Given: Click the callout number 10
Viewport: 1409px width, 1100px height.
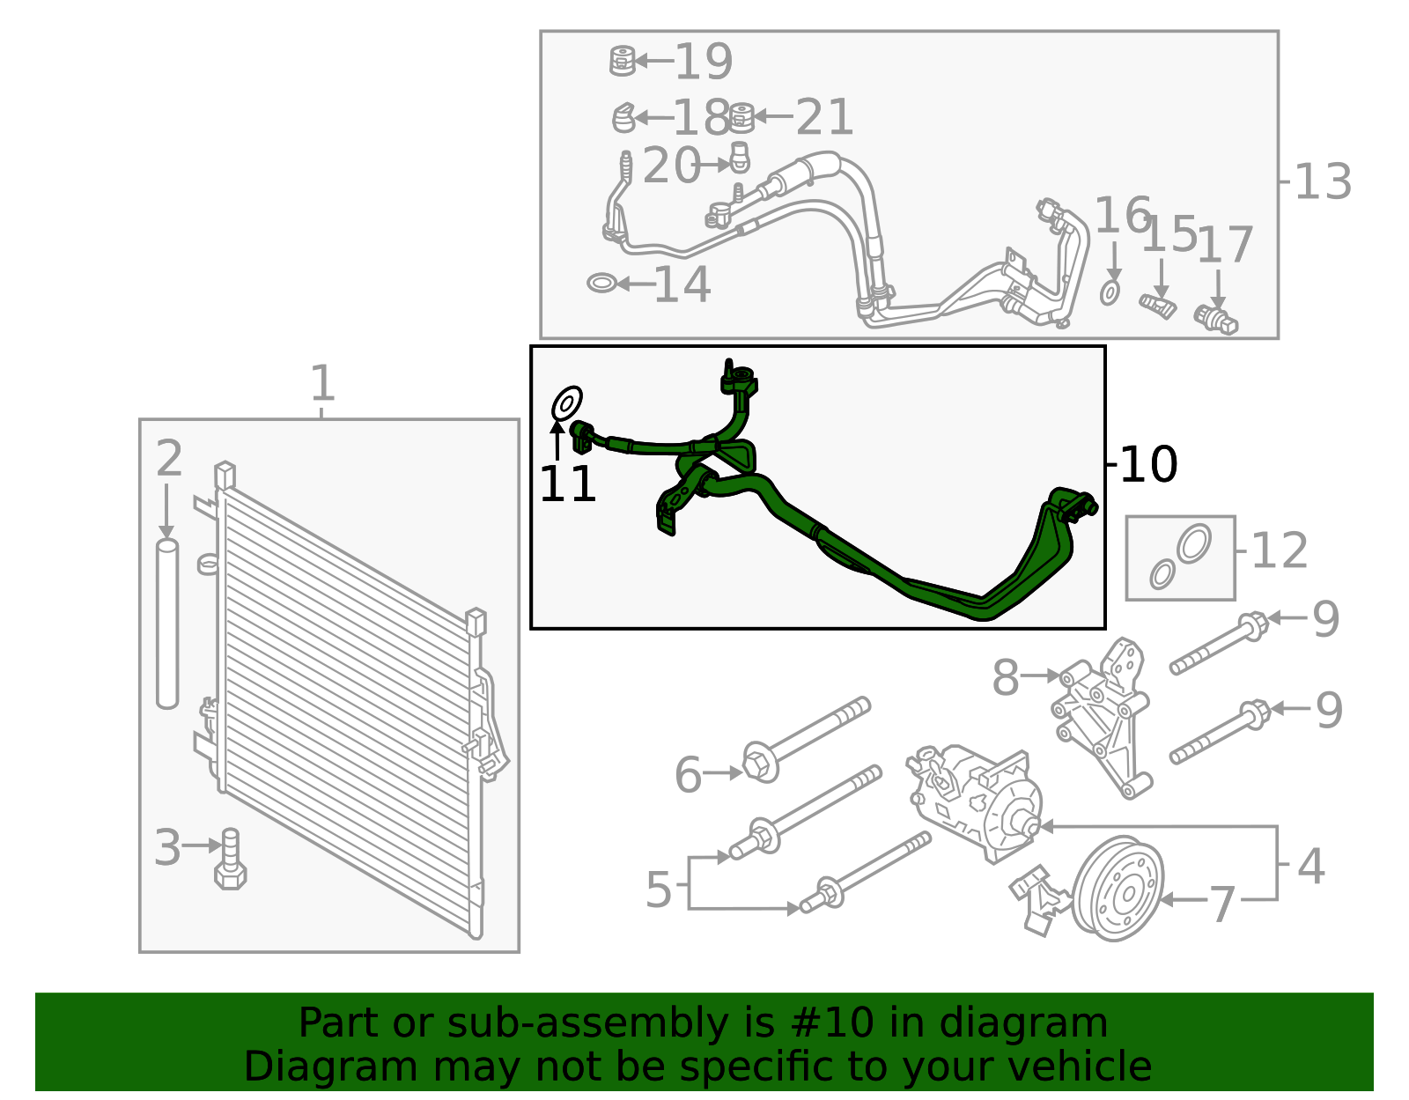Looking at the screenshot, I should (1148, 464).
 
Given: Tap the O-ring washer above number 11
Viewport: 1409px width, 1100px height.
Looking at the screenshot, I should (566, 403).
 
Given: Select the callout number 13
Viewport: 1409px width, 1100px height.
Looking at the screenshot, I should (1322, 182).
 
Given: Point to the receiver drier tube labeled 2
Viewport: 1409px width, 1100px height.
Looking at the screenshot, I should (167, 624).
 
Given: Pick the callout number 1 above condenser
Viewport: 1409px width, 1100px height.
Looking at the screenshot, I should (322, 384).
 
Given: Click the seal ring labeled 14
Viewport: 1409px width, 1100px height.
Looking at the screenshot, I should (601, 284).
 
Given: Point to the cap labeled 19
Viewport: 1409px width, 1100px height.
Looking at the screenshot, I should (622, 61).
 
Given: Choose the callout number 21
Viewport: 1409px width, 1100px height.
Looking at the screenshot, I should (824, 117).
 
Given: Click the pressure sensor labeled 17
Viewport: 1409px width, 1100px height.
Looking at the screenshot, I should (1218, 320).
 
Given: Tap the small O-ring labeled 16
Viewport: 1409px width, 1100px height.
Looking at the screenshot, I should (1110, 292).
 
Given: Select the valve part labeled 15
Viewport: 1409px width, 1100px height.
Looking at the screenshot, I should (1158, 306).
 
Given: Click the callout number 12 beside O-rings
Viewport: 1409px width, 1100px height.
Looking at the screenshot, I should (1279, 551).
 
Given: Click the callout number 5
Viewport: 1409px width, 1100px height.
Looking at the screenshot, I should (659, 890).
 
